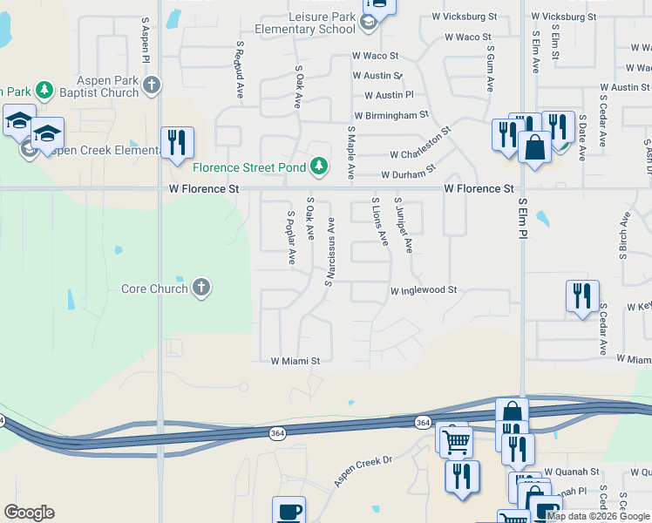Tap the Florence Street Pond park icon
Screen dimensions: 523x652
coord(320,166)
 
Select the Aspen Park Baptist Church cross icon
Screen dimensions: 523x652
coord(153,85)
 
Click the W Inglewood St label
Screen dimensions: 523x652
coord(424,290)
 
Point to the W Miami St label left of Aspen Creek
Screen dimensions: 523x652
coord(295,360)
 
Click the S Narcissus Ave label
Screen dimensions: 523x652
coord(330,251)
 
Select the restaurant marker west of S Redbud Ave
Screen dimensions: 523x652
coord(177,143)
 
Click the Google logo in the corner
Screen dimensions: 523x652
coord(29,513)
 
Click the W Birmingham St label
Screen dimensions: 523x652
coord(391,114)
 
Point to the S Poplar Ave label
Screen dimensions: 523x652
coord(291,237)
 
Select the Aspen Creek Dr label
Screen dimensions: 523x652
coord(364,471)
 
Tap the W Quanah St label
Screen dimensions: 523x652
coord(572,472)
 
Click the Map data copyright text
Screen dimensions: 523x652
coord(598,516)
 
